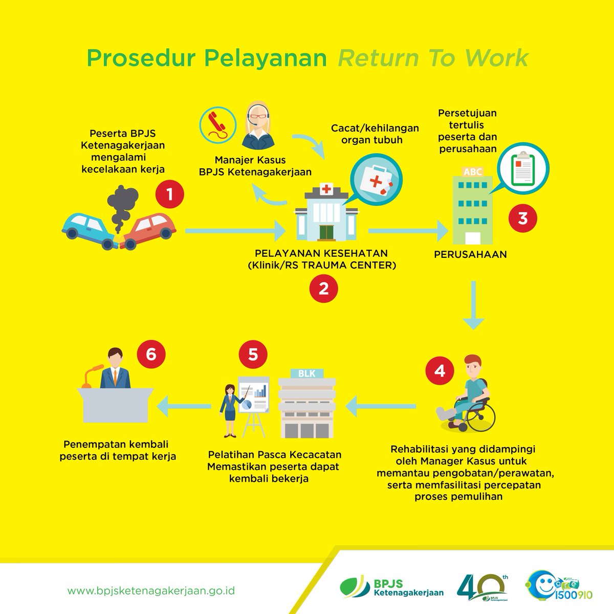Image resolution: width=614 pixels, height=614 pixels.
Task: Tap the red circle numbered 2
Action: pos(323,290)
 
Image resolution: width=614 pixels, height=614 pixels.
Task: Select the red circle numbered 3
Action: pos(522,218)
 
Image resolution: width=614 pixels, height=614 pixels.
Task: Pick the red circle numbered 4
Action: pos(440,371)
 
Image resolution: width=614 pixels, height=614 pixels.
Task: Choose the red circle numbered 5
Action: pos(253,355)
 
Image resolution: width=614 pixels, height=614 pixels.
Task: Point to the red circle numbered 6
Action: pos(151,355)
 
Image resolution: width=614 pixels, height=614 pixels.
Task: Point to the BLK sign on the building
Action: pos(308,374)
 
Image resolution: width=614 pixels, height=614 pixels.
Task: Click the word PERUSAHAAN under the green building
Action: pos(470,254)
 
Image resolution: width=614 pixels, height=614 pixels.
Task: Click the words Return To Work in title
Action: pos(432,58)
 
